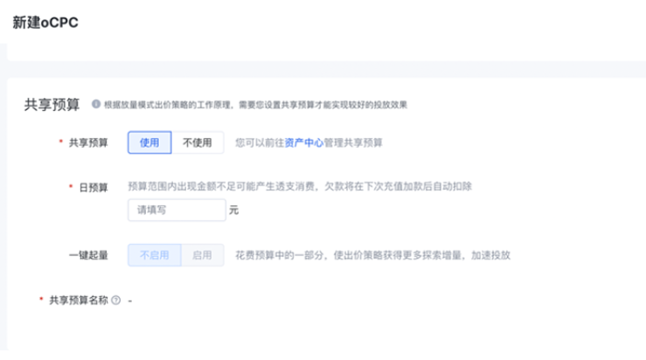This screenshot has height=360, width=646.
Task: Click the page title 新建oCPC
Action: pyautogui.click(x=45, y=23)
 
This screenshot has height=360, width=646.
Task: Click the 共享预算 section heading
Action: pyautogui.click(x=52, y=105)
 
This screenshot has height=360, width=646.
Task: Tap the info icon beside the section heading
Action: pyautogui.click(x=95, y=105)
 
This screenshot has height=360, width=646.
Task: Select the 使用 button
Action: pyautogui.click(x=149, y=142)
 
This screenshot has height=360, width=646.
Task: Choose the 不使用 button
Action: pyautogui.click(x=197, y=142)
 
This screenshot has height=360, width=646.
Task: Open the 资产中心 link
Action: pyautogui.click(x=304, y=142)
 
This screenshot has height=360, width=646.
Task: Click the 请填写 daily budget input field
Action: pyautogui.click(x=176, y=211)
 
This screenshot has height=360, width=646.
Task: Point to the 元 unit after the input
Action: pyautogui.click(x=233, y=211)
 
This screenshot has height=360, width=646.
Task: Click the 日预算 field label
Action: pyautogui.click(x=93, y=187)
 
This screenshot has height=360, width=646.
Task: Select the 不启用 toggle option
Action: pyautogui.click(x=155, y=255)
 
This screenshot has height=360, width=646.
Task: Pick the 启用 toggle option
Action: pyautogui.click(x=202, y=255)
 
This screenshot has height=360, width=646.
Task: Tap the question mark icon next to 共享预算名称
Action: pyautogui.click(x=116, y=300)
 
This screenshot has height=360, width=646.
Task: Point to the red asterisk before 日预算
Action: pyautogui.click(x=70, y=187)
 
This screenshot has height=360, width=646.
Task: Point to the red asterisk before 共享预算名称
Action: pyautogui.click(x=40, y=300)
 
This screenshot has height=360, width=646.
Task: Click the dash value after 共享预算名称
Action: pyautogui.click(x=129, y=300)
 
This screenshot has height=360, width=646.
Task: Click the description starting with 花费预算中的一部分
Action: pyautogui.click(x=372, y=255)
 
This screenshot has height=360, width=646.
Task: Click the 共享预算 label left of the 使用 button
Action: pyautogui.click(x=88, y=142)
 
